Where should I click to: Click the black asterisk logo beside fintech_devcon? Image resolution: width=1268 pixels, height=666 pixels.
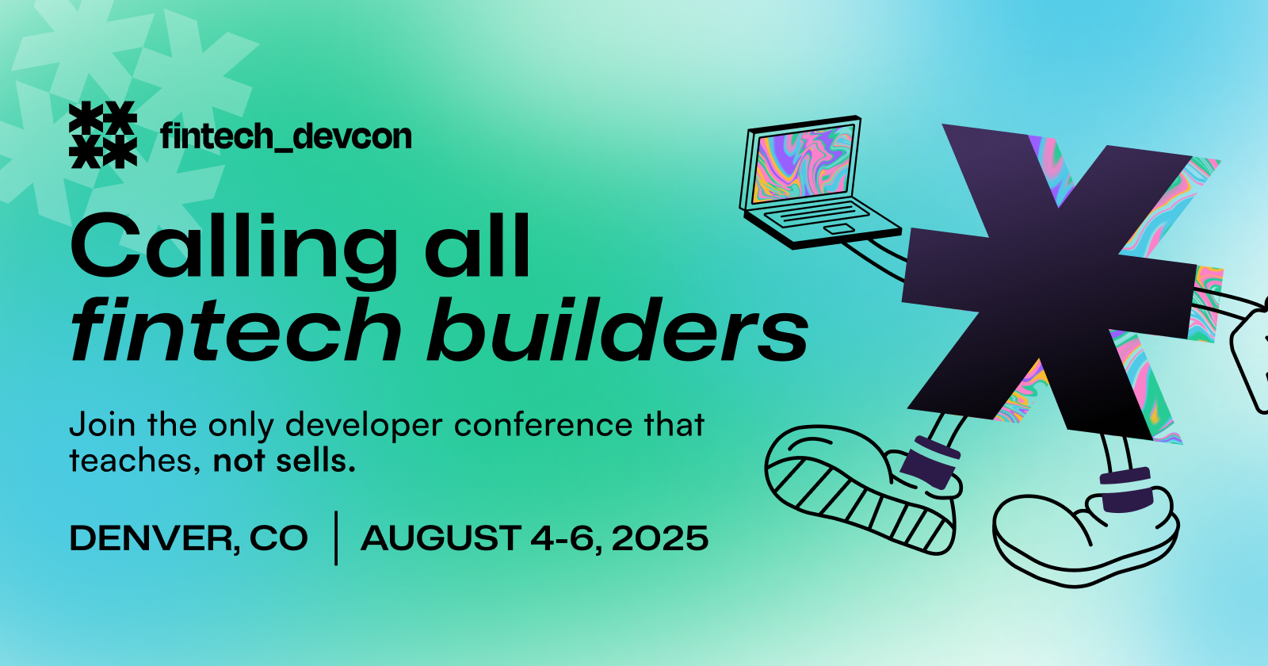(102, 135)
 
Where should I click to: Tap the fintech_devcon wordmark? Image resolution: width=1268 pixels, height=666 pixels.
(286, 136)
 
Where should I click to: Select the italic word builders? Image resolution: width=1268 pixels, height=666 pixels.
(617, 328)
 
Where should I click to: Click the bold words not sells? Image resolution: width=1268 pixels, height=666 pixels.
(285, 461)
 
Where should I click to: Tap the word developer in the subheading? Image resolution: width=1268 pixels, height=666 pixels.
(364, 426)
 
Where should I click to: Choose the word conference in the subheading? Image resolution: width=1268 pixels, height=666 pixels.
(543, 425)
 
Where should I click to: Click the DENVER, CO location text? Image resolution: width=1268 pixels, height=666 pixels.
(189, 538)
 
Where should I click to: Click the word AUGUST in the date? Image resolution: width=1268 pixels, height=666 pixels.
(441, 538)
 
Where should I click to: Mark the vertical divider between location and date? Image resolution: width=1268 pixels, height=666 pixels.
(336, 538)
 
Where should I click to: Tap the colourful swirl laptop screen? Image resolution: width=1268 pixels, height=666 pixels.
(803, 163)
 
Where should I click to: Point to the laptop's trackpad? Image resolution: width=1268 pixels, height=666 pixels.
(839, 229)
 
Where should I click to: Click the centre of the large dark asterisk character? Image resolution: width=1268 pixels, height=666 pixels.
(1049, 281)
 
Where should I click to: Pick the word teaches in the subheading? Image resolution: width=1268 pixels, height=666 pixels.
(132, 461)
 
